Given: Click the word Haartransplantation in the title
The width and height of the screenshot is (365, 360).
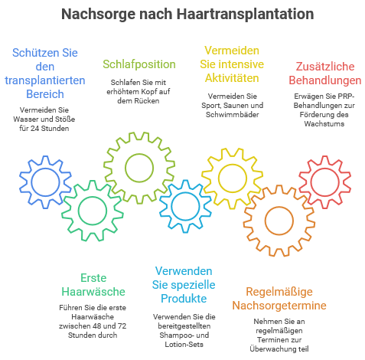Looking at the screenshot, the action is coord(245,15).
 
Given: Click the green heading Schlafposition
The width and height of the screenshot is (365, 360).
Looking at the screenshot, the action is coord(139,64).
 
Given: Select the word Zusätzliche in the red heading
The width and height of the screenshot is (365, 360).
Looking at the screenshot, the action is coord(325,67).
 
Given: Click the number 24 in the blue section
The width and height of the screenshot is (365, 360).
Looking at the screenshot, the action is coord(34,128).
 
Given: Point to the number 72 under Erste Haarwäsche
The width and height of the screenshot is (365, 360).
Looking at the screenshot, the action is coord(122,326).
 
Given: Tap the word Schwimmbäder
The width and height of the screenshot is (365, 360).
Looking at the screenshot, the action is coord(233,114).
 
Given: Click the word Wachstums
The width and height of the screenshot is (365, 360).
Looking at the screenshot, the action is coord(324,124).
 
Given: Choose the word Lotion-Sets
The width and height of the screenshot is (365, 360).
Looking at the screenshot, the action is coord(184,345).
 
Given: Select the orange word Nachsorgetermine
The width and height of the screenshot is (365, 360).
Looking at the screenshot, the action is coord(279,306).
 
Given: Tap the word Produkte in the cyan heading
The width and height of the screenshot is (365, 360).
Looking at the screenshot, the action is coord(184,299).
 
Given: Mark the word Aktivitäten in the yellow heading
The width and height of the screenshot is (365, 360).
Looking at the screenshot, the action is coord(232,78).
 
